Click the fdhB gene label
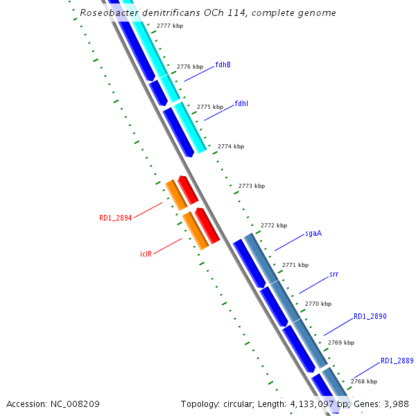coord(223,64)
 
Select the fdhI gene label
coord(241,103)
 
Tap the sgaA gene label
coord(313,233)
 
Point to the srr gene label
coord(333,274)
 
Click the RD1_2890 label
coord(370,316)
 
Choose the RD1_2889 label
coord(397,361)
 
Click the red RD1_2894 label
coord(115,218)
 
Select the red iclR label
coord(146,254)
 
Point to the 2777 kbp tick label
coord(170,26)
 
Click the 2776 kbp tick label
coord(190,67)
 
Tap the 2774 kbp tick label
coord(231,147)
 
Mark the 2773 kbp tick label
coord(251,186)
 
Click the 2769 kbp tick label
coord(340,343)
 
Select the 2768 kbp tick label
coord(363,381)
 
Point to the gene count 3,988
coord(395,404)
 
